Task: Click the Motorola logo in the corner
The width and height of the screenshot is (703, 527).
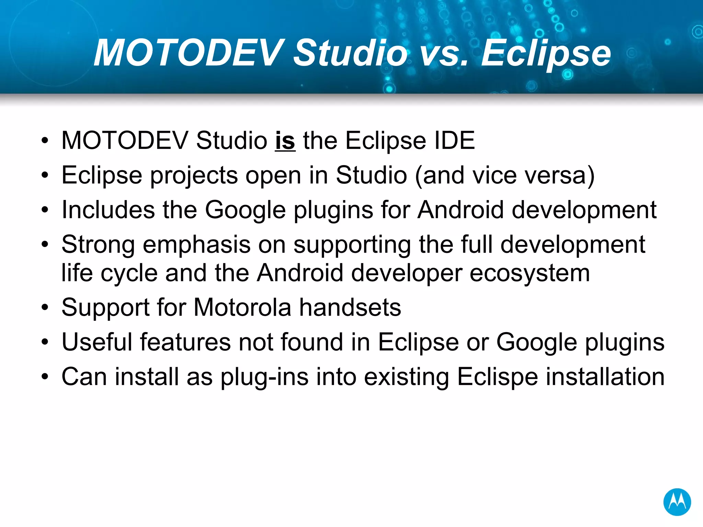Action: pyautogui.click(x=677, y=502)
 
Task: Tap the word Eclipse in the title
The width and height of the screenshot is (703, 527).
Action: pyautogui.click(x=546, y=53)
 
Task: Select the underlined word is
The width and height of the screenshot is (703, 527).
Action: pyautogui.click(x=285, y=141)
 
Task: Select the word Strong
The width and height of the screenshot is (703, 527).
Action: pyautogui.click(x=98, y=245)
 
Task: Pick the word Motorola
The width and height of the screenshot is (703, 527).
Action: pyautogui.click(x=242, y=307)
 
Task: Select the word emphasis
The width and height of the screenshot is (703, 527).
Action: pyautogui.click(x=196, y=245)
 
